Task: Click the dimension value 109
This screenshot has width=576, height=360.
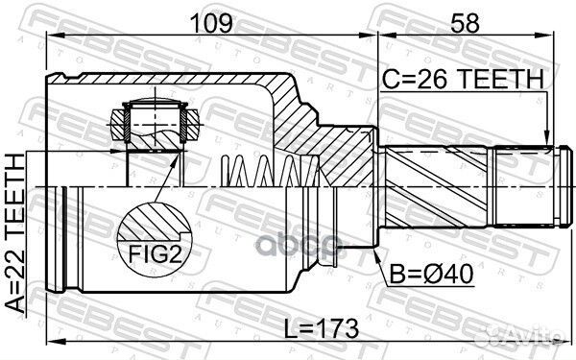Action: tap(212, 23)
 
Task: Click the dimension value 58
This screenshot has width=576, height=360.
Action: tap(465, 23)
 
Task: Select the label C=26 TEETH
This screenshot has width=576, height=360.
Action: tap(463, 80)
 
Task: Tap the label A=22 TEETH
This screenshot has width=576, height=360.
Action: tap(15, 233)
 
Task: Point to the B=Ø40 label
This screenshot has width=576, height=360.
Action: tap(431, 274)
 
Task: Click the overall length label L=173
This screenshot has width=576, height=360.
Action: tap(322, 328)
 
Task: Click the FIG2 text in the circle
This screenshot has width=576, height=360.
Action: tap(155, 253)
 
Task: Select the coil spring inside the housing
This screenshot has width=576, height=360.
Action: tap(270, 171)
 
